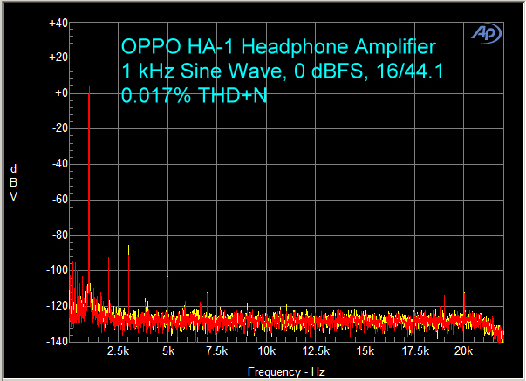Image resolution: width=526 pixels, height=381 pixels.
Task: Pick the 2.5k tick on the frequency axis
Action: (118, 351)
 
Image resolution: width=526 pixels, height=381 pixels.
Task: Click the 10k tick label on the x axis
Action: (267, 351)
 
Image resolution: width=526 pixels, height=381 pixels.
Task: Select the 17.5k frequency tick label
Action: (415, 351)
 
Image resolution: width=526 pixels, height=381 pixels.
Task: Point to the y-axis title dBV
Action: (13, 182)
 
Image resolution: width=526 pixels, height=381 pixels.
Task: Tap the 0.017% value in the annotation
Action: (151, 95)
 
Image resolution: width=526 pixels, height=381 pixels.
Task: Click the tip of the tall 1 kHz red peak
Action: (89, 87)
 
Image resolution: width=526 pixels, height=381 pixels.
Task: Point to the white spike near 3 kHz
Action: (128, 247)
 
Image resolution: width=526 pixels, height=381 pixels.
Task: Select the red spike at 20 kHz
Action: (464, 294)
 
